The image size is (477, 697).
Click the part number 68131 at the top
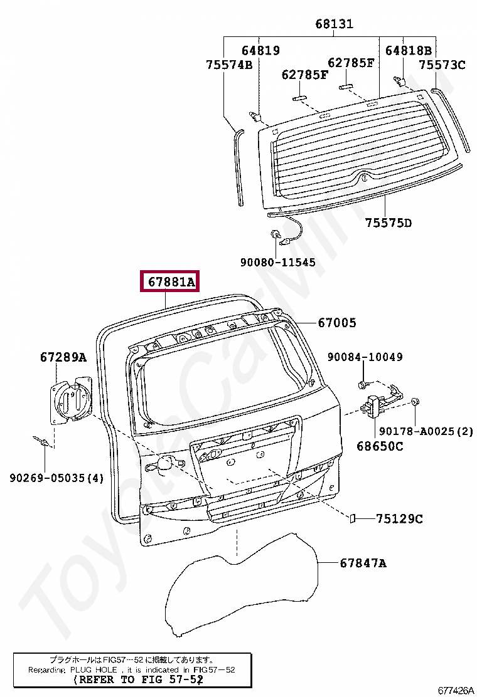click(x=334, y=24)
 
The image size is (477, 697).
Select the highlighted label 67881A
click(x=171, y=283)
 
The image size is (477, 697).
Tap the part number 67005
click(x=336, y=323)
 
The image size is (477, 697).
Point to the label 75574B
click(x=229, y=65)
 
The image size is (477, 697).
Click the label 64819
click(x=260, y=51)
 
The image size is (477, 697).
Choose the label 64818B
click(x=408, y=51)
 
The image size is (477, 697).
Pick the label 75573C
click(x=442, y=65)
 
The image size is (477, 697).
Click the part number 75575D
click(x=389, y=223)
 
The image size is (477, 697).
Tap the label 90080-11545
click(x=277, y=263)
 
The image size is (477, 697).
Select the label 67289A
click(x=63, y=357)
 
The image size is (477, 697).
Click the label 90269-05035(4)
click(x=56, y=478)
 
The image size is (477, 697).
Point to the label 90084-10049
click(x=365, y=357)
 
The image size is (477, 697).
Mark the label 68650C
click(x=380, y=446)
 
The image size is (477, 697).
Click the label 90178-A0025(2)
click(x=424, y=431)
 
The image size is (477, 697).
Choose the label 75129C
click(x=399, y=518)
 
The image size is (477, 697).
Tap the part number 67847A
click(x=363, y=563)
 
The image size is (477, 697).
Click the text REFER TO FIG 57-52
click(x=137, y=679)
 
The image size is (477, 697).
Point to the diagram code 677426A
click(x=455, y=690)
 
